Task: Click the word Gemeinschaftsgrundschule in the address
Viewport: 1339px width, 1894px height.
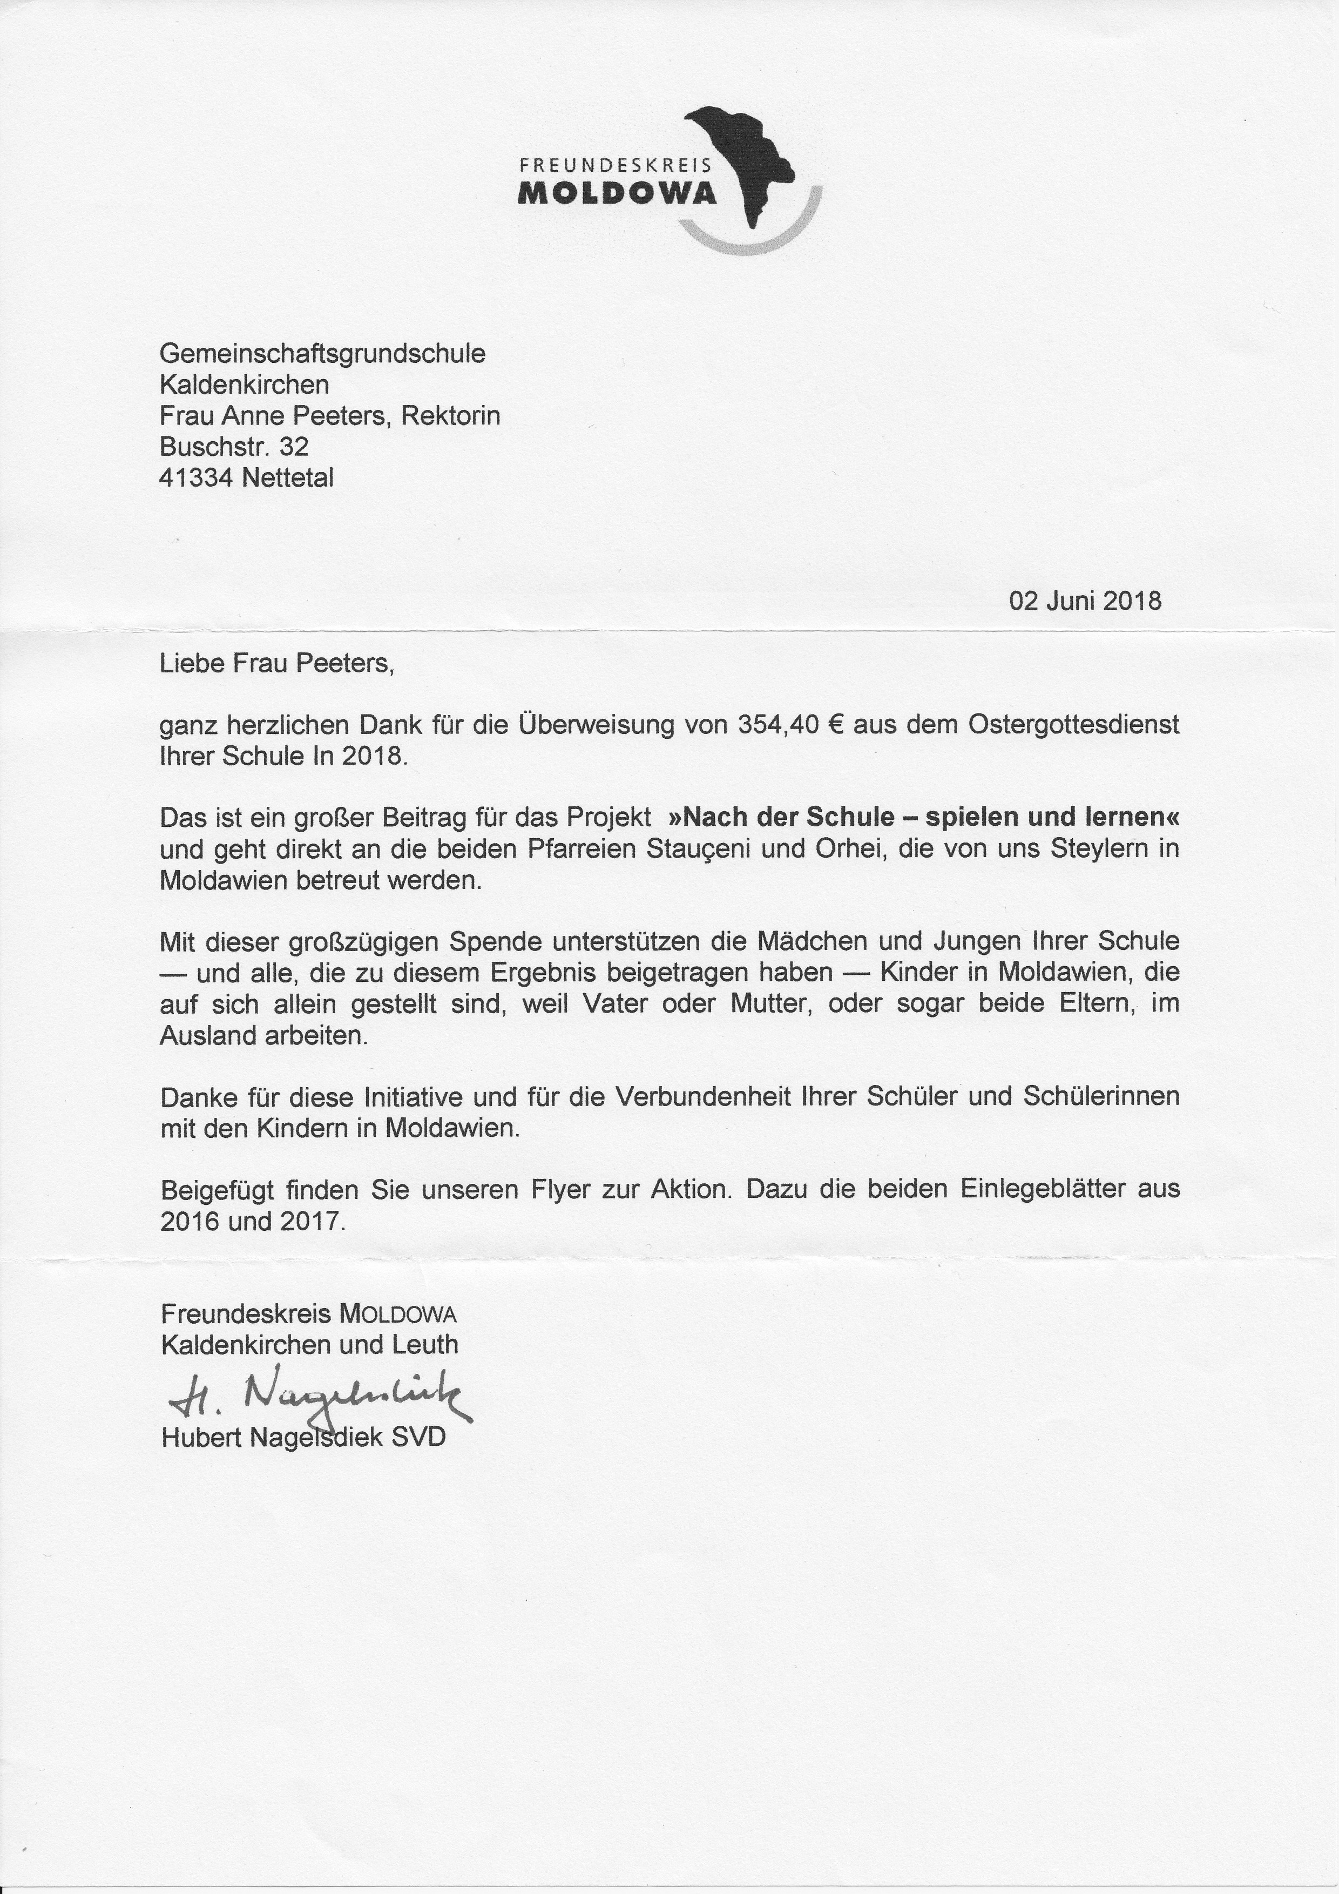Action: pos(322,354)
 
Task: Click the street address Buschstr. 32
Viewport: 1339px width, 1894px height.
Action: pos(234,447)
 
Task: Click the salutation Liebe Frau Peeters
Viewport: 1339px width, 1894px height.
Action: pos(277,663)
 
